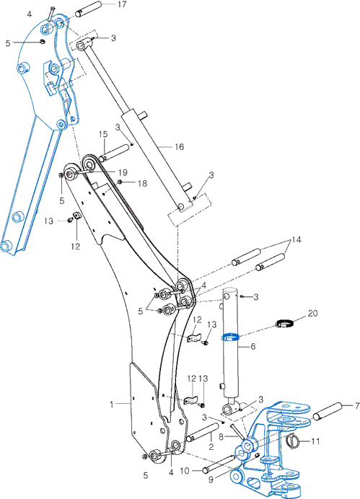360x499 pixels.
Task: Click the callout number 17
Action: [x=122, y=4]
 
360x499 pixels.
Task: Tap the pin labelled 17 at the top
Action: [x=89, y=9]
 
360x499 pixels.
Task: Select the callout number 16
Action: [x=179, y=146]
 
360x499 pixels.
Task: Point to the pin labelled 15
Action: [x=114, y=153]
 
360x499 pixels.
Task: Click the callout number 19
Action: [x=123, y=172]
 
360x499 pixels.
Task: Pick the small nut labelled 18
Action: [x=120, y=182]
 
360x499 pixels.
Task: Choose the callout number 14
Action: [x=296, y=239]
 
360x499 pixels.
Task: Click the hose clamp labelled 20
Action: [x=284, y=324]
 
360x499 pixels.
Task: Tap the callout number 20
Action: [x=312, y=313]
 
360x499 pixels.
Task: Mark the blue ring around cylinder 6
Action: [x=230, y=337]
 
